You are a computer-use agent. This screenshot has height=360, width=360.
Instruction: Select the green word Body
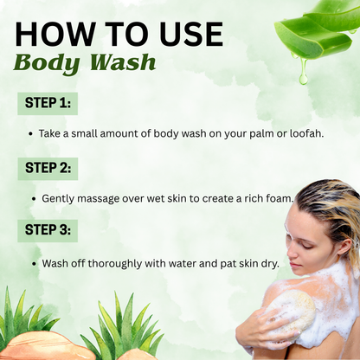[47, 63]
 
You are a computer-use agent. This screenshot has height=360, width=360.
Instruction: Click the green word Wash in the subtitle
[123, 61]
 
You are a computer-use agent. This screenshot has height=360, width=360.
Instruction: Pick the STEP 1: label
[48, 103]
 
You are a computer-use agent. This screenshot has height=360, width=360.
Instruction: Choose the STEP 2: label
[48, 168]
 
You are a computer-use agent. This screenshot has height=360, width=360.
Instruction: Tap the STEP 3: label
[48, 230]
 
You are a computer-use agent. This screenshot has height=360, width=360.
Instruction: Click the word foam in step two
[279, 198]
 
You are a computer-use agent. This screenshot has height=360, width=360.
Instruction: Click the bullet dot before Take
[30, 134]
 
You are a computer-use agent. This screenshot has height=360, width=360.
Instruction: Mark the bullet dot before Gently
[34, 199]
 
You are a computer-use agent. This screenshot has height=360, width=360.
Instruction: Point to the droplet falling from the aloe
[303, 75]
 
